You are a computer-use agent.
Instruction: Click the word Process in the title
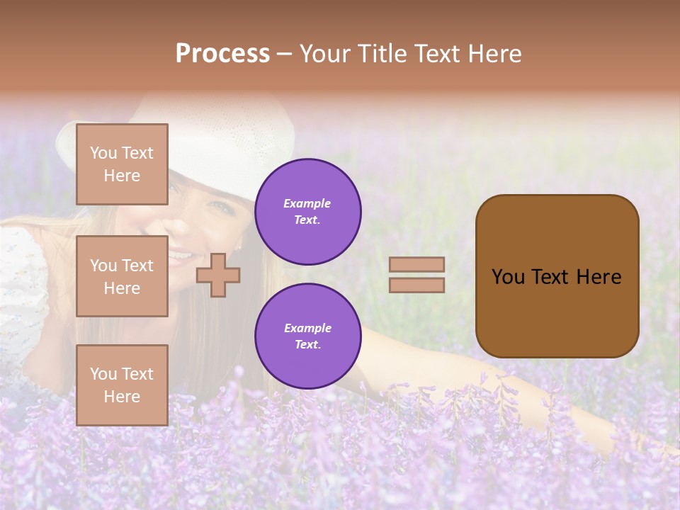222,54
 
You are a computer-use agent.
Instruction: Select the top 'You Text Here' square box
122,164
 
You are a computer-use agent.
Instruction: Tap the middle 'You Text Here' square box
122,276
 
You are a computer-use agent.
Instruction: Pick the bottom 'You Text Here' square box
122,385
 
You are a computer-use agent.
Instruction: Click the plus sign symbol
218,276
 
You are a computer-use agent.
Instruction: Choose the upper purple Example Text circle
308,212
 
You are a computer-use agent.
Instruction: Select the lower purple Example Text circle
308,336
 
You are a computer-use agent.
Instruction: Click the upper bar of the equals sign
417,265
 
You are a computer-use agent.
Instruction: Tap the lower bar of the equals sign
417,285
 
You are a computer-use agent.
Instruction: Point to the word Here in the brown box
599,277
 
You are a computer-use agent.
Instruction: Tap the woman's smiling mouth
181,254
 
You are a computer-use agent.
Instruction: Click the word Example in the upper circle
307,203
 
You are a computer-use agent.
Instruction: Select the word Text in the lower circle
307,345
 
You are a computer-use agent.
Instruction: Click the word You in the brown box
508,277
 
